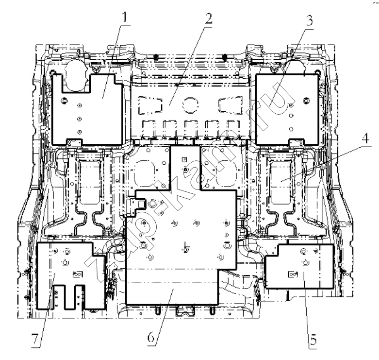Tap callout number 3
click(x=309, y=20)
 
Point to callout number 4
click(x=365, y=138)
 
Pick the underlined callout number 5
click(x=313, y=340)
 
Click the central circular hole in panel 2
click(x=190, y=104)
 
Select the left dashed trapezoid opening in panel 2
click(x=150, y=105)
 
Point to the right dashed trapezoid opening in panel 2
click(x=231, y=105)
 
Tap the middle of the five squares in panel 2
click(x=191, y=128)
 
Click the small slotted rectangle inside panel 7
click(x=78, y=274)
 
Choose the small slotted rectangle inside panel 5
click(x=293, y=274)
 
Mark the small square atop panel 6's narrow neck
click(x=184, y=159)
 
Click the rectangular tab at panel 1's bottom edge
click(x=74, y=142)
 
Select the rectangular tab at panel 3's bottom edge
click(x=297, y=142)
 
